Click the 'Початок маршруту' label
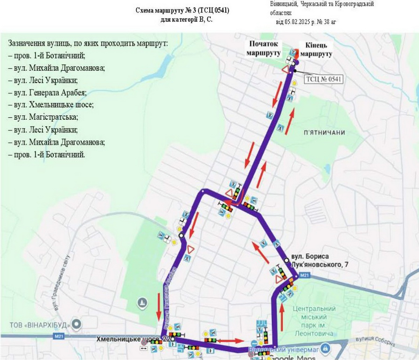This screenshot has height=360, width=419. [x=263, y=49]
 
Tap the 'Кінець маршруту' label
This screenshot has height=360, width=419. [x=316, y=50]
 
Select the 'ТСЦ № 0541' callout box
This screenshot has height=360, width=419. [x=323, y=79]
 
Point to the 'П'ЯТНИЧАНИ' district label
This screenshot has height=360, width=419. [x=324, y=133]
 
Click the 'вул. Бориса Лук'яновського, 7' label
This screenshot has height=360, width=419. [x=319, y=260]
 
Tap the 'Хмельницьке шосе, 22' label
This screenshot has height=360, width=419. [x=133, y=339]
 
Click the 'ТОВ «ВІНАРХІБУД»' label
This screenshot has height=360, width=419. [x=38, y=325]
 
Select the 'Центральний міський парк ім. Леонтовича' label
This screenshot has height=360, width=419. [x=314, y=321]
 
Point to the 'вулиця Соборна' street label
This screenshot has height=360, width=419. [x=375, y=341]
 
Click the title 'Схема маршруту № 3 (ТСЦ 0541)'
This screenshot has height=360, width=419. [x=182, y=10]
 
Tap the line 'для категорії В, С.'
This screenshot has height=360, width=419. [x=186, y=20]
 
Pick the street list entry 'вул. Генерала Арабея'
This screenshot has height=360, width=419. [x=47, y=93]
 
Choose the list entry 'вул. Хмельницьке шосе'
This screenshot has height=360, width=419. [x=51, y=105]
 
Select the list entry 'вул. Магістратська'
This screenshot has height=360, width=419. [x=43, y=117]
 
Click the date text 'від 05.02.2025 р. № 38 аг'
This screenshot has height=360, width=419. [x=306, y=22]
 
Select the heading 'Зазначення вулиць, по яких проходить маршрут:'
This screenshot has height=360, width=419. [x=88, y=44]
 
